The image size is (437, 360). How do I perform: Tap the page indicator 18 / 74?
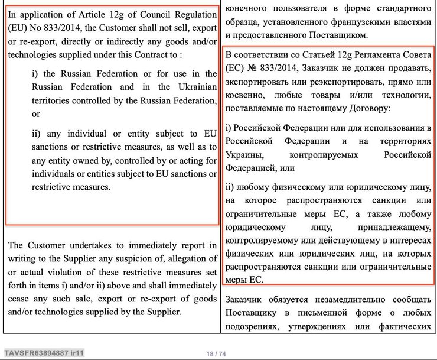(216, 353)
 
